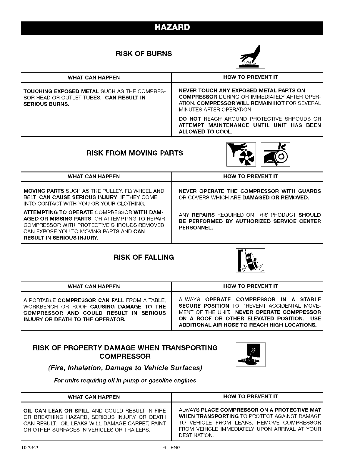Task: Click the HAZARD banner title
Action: pyautogui.click(x=172, y=28)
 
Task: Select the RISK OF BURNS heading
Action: pyautogui.click(x=144, y=54)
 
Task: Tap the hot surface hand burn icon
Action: pyautogui.click(x=250, y=57)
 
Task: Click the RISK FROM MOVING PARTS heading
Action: pyautogui.click(x=134, y=153)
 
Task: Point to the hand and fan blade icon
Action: pyautogui.click(x=241, y=154)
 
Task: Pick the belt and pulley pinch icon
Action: pyautogui.click(x=275, y=154)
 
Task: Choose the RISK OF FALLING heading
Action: pyautogui.click(x=144, y=257)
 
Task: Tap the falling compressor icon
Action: pyautogui.click(x=250, y=260)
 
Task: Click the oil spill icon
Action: pyautogui.click(x=251, y=355)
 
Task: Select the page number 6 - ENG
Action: pyautogui.click(x=172, y=448)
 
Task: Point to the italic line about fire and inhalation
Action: pyautogui.click(x=125, y=368)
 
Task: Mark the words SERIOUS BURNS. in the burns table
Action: pyautogui.click(x=46, y=104)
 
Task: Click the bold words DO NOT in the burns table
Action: pyautogui.click(x=190, y=119)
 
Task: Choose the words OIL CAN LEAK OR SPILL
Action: pyautogui.click(x=56, y=410)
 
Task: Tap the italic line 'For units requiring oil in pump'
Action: pyautogui.click(x=125, y=381)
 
